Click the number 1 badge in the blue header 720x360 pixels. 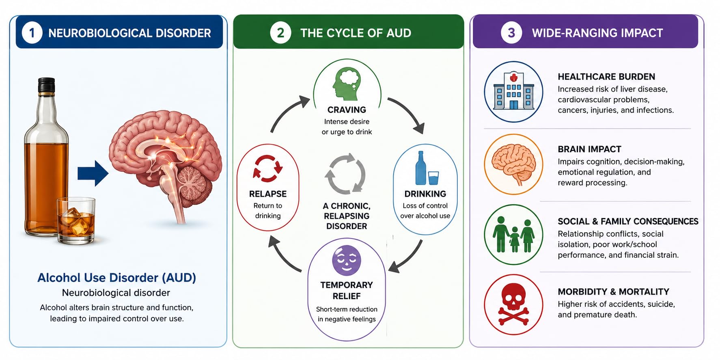pos(32,33)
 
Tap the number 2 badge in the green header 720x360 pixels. pos(280,33)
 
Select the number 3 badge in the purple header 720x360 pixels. pos(511,33)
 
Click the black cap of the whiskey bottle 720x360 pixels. pos(46,85)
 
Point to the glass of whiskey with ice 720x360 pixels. pos(76,221)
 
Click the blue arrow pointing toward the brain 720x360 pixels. pos(93,173)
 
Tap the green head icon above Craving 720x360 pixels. pos(346,84)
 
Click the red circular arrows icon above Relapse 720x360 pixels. pos(267,168)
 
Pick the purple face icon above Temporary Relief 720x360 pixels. pos(347,261)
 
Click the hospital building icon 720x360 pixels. pos(513,91)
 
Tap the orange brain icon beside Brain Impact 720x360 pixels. pos(514,164)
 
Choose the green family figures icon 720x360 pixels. pos(514,235)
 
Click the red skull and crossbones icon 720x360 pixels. pos(513,304)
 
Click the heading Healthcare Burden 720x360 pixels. pos(606,77)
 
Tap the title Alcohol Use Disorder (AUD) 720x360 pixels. pos(117,278)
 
